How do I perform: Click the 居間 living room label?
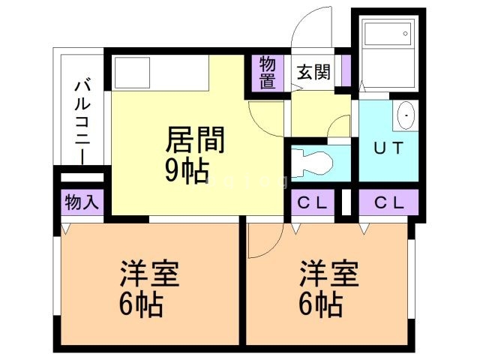click(x=196, y=140)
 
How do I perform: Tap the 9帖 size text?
click(x=187, y=172)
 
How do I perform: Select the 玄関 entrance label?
click(x=313, y=72)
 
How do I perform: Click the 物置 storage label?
click(x=268, y=72)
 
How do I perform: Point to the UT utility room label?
click(x=388, y=148)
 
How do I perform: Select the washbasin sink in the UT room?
click(x=406, y=117)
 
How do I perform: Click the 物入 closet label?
click(x=82, y=202)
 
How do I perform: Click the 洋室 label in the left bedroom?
click(x=151, y=274)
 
